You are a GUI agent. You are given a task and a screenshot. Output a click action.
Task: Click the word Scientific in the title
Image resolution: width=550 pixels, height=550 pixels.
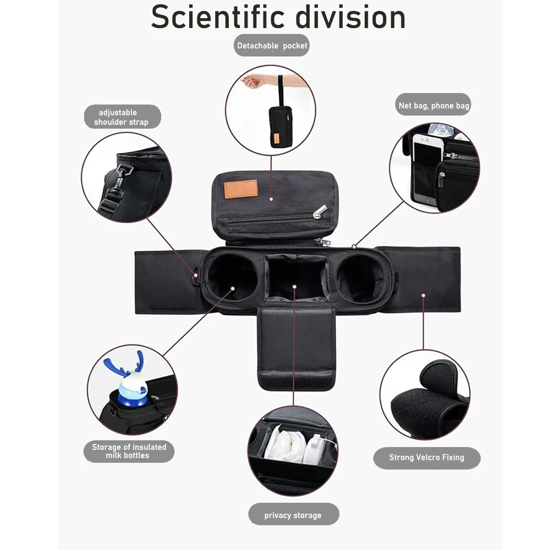[x=217, y=17]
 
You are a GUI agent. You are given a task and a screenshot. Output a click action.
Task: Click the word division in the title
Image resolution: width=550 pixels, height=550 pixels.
[x=350, y=17]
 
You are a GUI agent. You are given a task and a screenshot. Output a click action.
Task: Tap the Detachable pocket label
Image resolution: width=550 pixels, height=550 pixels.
[x=272, y=45]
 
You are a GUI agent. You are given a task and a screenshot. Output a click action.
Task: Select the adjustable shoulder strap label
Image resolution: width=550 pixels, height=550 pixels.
[x=123, y=117]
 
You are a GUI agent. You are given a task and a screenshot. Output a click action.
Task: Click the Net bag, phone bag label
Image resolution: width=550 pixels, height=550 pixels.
[x=433, y=105]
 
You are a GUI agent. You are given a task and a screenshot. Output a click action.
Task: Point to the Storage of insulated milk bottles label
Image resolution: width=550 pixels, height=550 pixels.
[x=129, y=451]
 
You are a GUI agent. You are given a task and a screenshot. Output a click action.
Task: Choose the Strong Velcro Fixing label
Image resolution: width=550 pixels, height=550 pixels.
[x=427, y=458]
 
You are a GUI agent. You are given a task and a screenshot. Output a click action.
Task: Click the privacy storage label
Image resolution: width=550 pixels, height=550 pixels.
[x=293, y=515]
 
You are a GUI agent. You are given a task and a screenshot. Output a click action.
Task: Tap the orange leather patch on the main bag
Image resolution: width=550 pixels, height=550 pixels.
[x=241, y=189]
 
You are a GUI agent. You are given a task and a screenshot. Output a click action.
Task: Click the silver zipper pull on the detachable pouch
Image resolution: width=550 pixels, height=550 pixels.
[x=320, y=211]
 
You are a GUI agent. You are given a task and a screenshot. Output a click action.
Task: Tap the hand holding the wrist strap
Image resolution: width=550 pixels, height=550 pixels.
[x=253, y=81]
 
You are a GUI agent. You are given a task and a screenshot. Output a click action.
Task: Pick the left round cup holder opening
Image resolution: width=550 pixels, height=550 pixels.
[x=232, y=277]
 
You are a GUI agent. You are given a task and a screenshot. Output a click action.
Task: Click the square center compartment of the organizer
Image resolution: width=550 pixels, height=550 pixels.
[x=297, y=277]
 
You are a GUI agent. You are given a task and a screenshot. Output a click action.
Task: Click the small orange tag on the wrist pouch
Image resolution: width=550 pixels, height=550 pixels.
[x=277, y=138]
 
